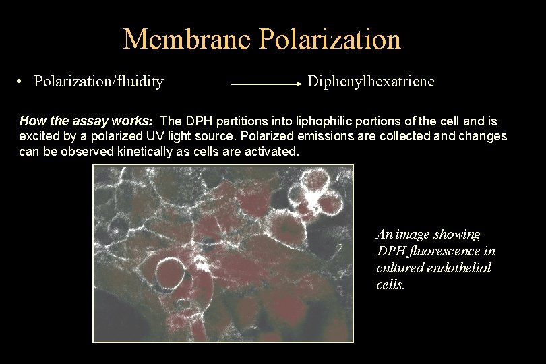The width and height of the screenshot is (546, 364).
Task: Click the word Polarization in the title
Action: pos(330,39)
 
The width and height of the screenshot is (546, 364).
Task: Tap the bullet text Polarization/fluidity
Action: pos(98,82)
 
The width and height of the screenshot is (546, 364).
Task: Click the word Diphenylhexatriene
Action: pos(371,82)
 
